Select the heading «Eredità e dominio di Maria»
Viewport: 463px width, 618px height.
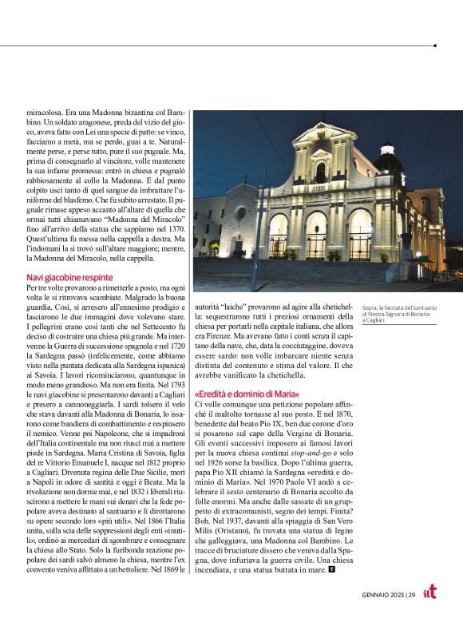247,394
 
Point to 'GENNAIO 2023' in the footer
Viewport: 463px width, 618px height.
378,593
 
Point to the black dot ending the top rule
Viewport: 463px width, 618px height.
434,46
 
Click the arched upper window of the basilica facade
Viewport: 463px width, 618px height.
320,172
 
